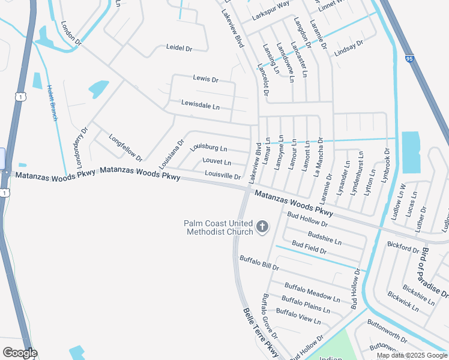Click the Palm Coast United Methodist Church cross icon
pyautogui.click(x=262, y=226)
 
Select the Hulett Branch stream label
pyautogui.click(x=53, y=102)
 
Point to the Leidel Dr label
pyautogui.click(x=179, y=48)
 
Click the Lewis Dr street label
pyautogui.click(x=205, y=79)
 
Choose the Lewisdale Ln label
pyautogui.click(x=200, y=105)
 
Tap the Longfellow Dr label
pyautogui.click(x=125, y=148)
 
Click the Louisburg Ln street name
pyautogui.click(x=208, y=148)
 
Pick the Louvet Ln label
pyautogui.click(x=217, y=162)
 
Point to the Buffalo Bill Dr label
pyautogui.click(x=259, y=262)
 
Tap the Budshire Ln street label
pyautogui.click(x=324, y=237)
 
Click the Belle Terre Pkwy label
pyautogui.click(x=261, y=334)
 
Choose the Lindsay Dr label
pyautogui.click(x=349, y=48)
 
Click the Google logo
pyautogui.click(x=19, y=353)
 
